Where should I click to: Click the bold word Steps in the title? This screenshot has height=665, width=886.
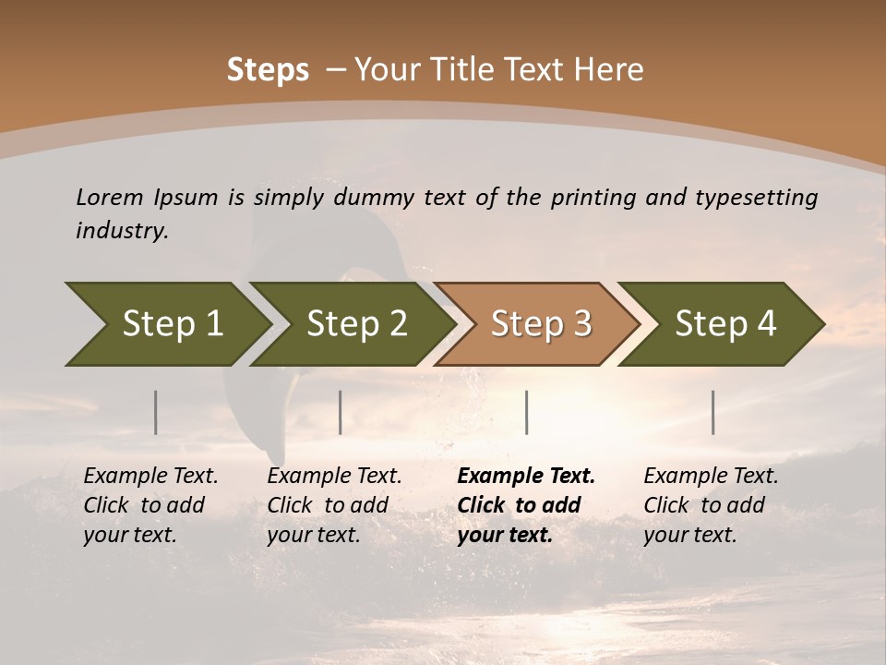pyautogui.click(x=268, y=70)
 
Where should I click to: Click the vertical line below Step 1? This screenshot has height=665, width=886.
pyautogui.click(x=156, y=412)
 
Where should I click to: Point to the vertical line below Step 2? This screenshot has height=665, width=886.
pyautogui.click(x=341, y=412)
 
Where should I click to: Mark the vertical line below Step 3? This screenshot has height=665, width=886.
pyautogui.click(x=527, y=412)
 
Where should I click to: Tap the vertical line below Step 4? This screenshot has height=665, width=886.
pyautogui.click(x=713, y=412)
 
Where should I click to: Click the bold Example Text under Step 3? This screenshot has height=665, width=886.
pyautogui.click(x=526, y=477)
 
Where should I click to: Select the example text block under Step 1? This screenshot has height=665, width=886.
pyautogui.click(x=150, y=505)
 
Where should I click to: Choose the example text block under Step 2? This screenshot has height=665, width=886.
pyautogui.click(x=334, y=505)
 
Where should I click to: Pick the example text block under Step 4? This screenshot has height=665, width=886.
pyautogui.click(x=711, y=505)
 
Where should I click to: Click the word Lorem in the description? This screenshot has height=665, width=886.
pyautogui.click(x=110, y=197)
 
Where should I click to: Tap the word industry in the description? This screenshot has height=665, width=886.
pyautogui.click(x=122, y=231)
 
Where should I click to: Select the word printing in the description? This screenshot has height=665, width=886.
pyautogui.click(x=593, y=198)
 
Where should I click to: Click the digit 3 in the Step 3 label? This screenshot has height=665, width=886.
pyautogui.click(x=581, y=323)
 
